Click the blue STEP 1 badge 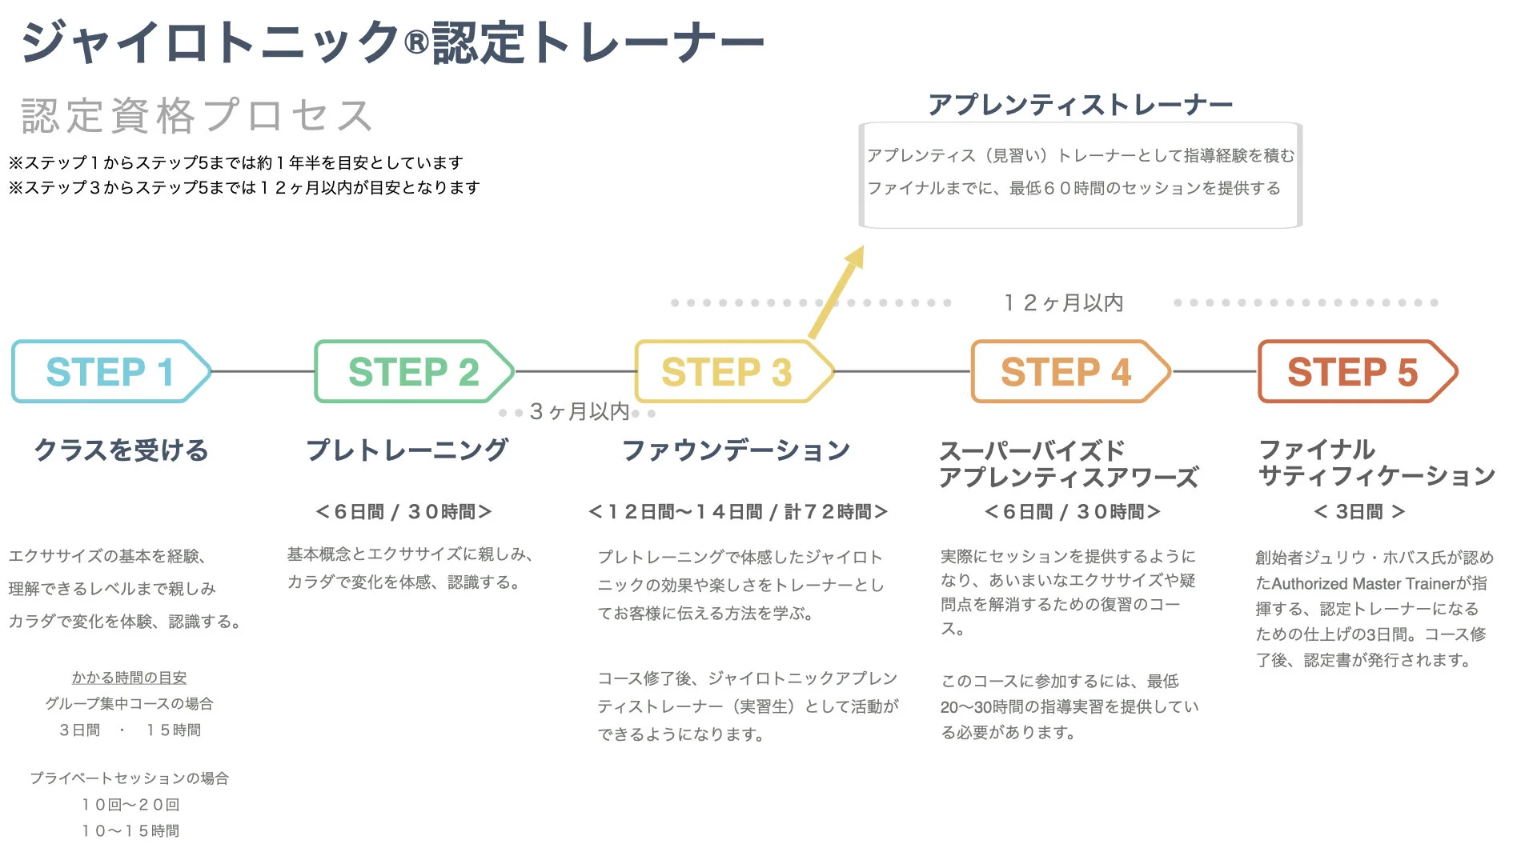[110, 371]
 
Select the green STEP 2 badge [413, 371]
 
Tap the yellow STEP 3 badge [727, 371]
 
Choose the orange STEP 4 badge [1066, 371]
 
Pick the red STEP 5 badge [1353, 371]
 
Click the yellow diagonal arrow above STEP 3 [836, 293]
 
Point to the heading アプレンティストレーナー [1080, 105]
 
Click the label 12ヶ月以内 [1063, 302]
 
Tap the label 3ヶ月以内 [580, 411]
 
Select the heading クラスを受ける [122, 450]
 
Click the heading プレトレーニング [407, 450]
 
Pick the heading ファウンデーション [736, 450]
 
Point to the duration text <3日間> [1359, 511]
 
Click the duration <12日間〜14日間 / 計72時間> [738, 511]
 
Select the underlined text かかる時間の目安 [129, 678]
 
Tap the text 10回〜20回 [130, 804]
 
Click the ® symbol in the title [416, 42]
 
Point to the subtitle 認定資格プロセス [197, 116]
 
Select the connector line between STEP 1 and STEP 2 [263, 371]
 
